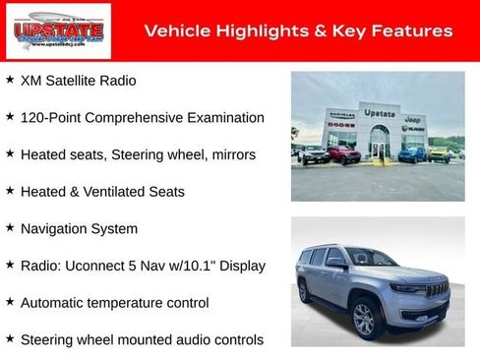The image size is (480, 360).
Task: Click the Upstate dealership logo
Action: pyautogui.click(x=44, y=31)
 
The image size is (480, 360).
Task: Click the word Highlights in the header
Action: pyautogui.click(x=249, y=31)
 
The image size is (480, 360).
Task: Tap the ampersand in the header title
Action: pyautogui.click(x=320, y=31)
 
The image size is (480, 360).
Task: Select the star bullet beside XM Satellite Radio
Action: pyautogui.click(x=10, y=80)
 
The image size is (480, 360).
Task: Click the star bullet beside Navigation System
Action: pyautogui.click(x=10, y=228)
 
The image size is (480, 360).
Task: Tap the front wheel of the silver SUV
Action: pyautogui.click(x=364, y=318)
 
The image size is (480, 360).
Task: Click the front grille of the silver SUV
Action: pyautogui.click(x=438, y=289)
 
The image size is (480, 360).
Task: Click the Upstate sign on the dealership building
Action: pyautogui.click(x=379, y=113)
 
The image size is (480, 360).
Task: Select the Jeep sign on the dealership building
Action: pyautogui.click(x=413, y=118)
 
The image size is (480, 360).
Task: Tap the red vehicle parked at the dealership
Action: pyautogui.click(x=343, y=154)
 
